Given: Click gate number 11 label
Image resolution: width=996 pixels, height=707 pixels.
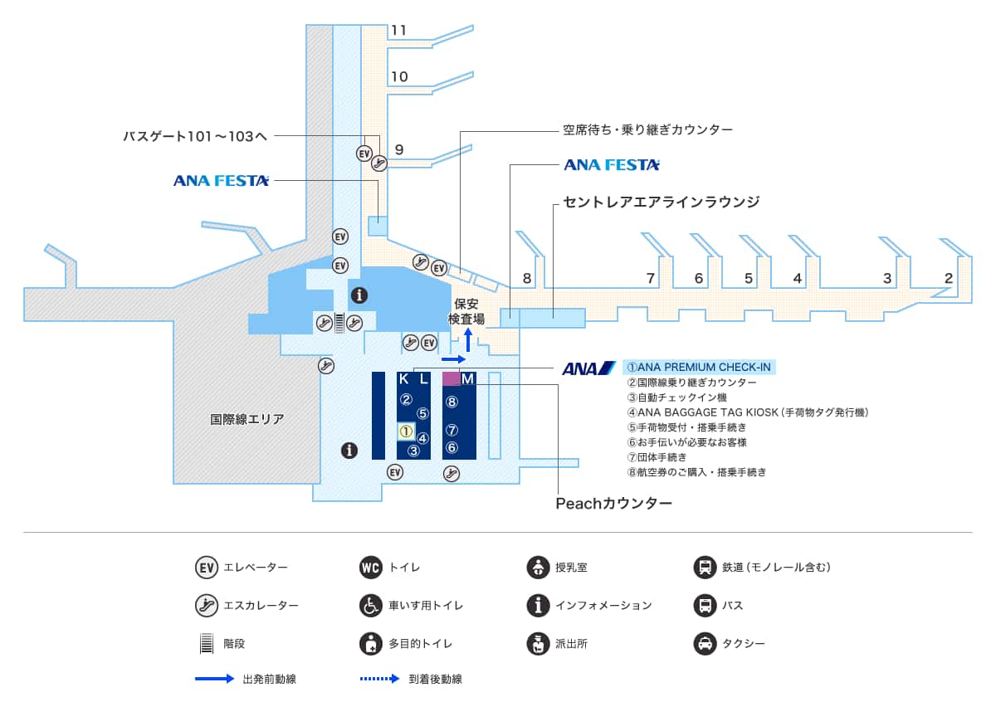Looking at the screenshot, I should [399, 31].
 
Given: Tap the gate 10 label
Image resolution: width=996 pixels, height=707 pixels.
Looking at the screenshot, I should [399, 77].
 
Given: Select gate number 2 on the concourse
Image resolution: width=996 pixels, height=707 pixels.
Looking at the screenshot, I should [948, 278].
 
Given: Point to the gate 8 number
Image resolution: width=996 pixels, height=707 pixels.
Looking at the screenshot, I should [527, 278].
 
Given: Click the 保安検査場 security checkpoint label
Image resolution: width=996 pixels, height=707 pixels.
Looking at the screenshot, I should [466, 312].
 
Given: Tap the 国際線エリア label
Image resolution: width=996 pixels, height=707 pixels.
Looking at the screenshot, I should [247, 420].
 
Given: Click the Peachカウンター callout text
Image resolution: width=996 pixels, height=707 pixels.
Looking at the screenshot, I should [613, 503].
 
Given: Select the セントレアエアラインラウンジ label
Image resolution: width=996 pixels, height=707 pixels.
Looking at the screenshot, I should [662, 202].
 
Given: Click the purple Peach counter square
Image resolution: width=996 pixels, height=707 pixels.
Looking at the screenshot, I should [451, 378].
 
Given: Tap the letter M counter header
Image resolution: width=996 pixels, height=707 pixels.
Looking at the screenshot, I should [467, 379].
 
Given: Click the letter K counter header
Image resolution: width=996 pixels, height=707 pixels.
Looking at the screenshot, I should [404, 379].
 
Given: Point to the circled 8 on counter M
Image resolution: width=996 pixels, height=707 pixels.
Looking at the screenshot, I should [452, 402].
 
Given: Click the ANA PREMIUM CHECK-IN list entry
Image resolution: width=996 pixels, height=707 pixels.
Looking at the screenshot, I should [699, 367].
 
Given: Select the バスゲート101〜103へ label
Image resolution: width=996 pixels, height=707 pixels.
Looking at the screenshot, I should [195, 136].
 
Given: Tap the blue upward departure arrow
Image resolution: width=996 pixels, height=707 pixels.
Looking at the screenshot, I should [468, 339].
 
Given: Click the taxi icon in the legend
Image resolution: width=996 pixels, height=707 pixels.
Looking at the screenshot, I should [705, 642].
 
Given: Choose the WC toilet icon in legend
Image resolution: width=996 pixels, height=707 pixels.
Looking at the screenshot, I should [370, 568].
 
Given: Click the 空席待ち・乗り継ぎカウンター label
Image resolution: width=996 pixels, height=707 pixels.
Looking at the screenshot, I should [647, 130].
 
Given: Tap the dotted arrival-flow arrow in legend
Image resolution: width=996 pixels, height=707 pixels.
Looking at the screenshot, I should [379, 679].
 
